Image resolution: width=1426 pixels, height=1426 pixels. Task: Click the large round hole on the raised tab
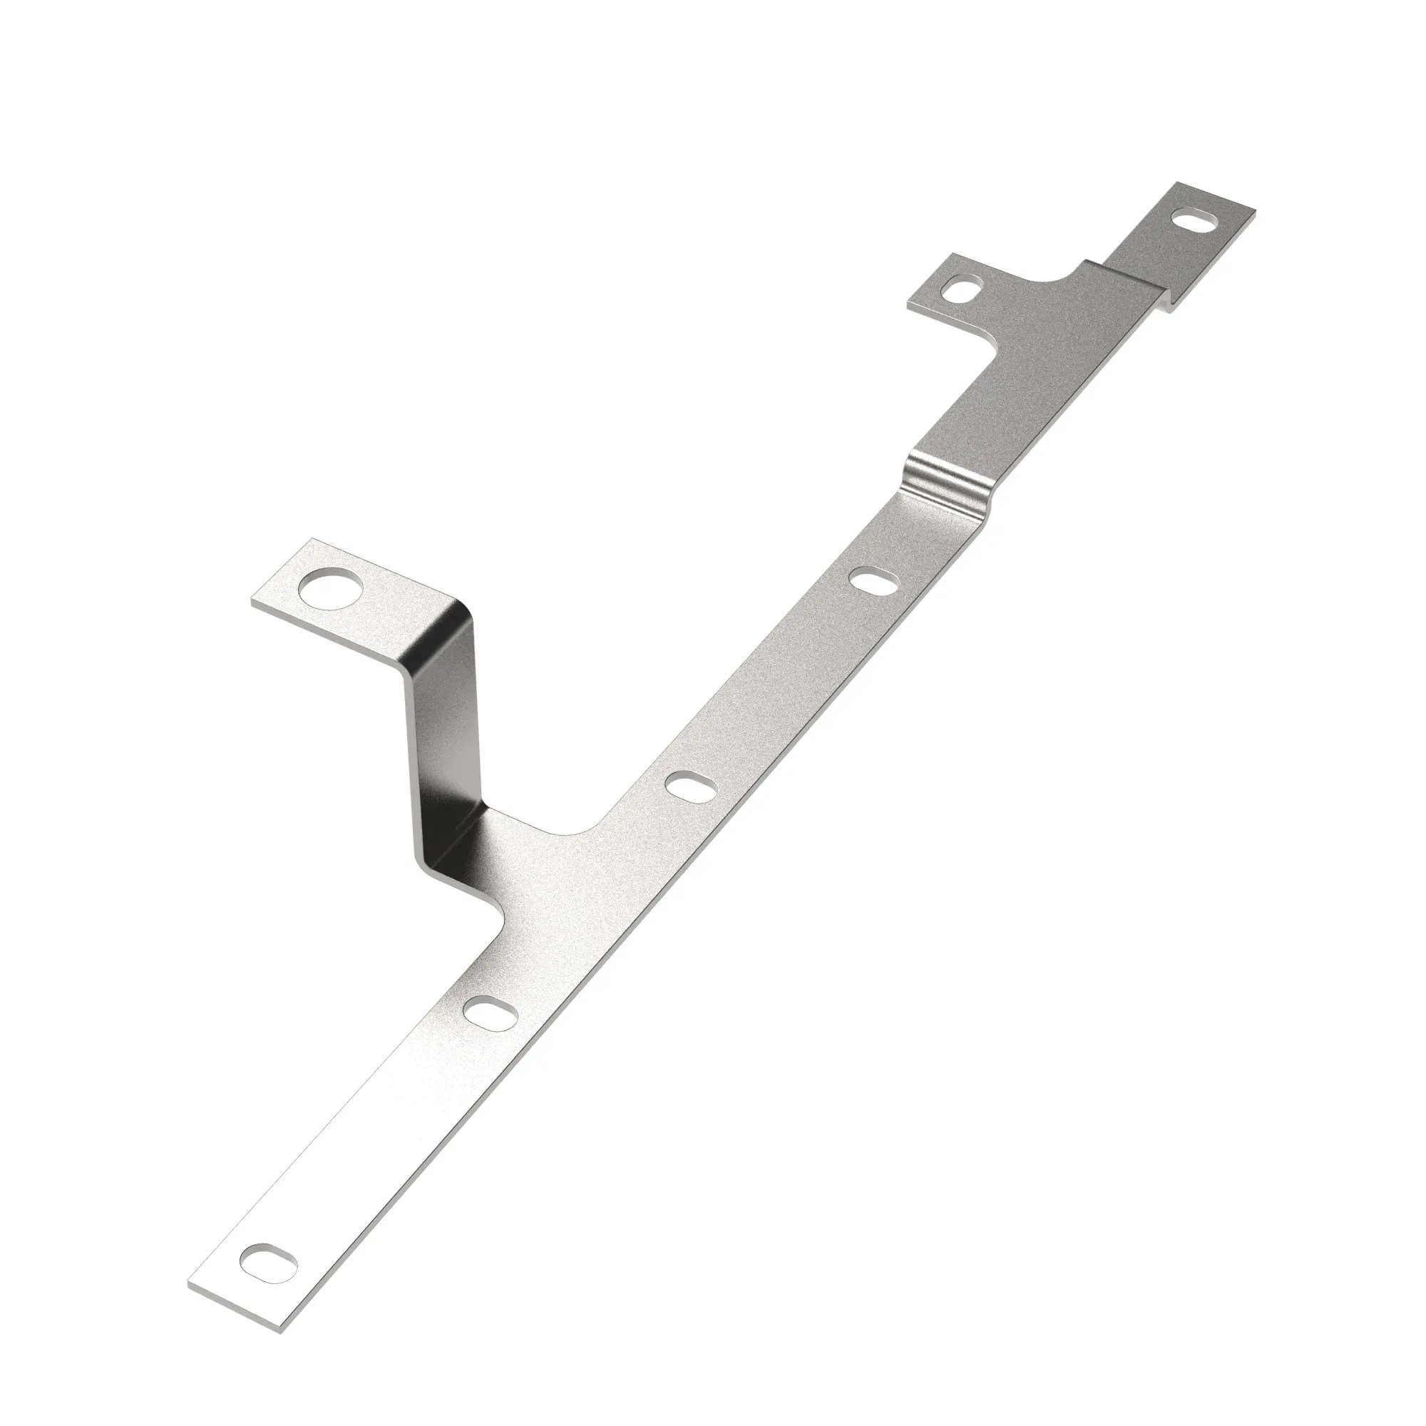(x=332, y=589)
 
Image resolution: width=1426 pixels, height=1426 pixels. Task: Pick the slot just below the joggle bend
(x=873, y=581)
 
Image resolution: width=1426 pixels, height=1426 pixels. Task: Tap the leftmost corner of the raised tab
(x=252, y=602)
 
